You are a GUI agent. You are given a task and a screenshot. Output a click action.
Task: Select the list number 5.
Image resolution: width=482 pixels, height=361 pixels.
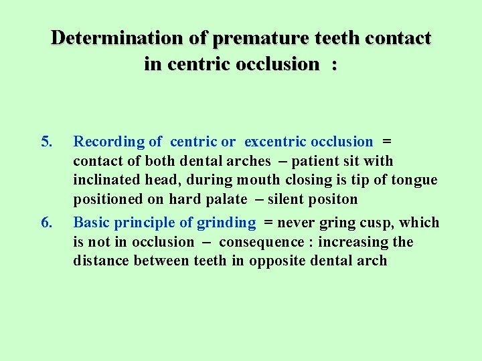pyautogui.click(x=46, y=141)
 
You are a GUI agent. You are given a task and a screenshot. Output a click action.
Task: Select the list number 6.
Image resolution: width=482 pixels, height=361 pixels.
pyautogui.click(x=46, y=222)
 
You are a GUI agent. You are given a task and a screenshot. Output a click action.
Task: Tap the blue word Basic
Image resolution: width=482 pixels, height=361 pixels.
pyautogui.click(x=90, y=223)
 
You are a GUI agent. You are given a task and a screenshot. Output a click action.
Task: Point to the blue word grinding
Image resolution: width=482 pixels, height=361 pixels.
pyautogui.click(x=226, y=223)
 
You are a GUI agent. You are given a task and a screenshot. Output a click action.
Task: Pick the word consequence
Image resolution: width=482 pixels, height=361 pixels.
pyautogui.click(x=258, y=242)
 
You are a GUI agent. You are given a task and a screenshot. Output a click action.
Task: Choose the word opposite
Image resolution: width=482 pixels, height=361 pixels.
pyautogui.click(x=276, y=261)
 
